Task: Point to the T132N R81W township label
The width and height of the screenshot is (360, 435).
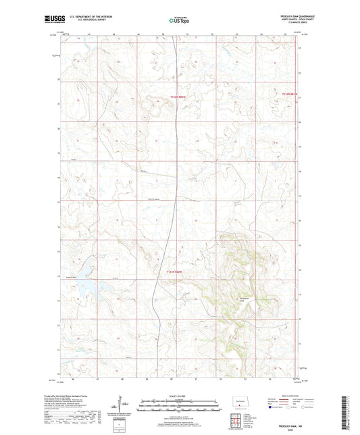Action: (289, 93)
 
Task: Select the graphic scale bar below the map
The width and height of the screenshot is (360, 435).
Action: (178, 407)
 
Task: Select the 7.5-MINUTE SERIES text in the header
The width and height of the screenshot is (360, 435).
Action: (298, 26)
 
